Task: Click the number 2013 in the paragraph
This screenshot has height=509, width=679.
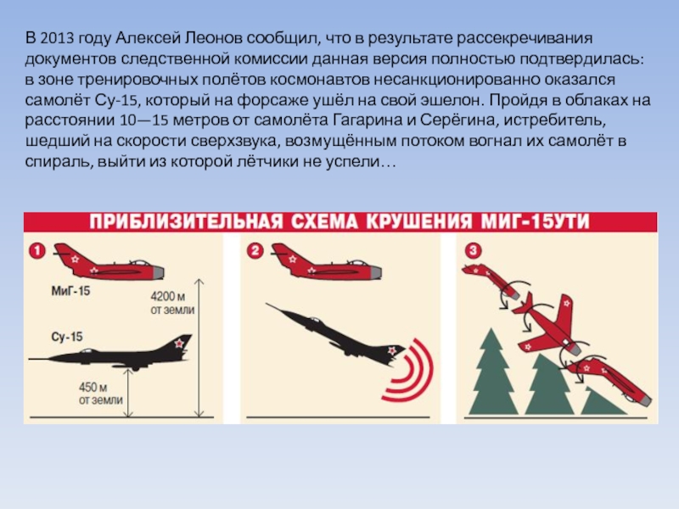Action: tap(57, 38)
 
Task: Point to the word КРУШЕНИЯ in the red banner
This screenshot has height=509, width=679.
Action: tap(418, 221)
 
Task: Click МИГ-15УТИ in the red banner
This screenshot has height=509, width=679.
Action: tap(536, 221)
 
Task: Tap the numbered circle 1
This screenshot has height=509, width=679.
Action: tap(37, 251)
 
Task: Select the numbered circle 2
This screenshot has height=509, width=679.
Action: tap(255, 251)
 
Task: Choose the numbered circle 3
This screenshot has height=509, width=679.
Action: tap(473, 250)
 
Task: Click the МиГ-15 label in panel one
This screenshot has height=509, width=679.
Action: tap(70, 290)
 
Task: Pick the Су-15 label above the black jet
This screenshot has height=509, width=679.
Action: tap(67, 337)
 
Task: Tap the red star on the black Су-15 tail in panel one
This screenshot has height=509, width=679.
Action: tap(179, 344)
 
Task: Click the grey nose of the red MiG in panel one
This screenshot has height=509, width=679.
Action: tap(159, 272)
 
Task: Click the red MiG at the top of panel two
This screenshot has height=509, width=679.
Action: tap(326, 262)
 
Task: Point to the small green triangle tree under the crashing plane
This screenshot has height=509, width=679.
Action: tap(601, 401)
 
